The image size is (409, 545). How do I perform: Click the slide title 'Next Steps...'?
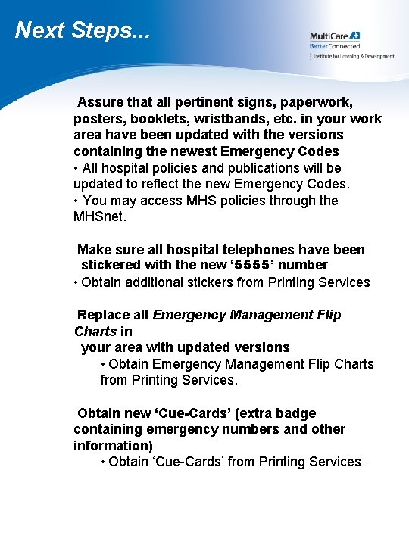(x=83, y=30)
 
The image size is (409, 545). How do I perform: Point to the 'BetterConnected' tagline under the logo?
(x=334, y=46)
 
